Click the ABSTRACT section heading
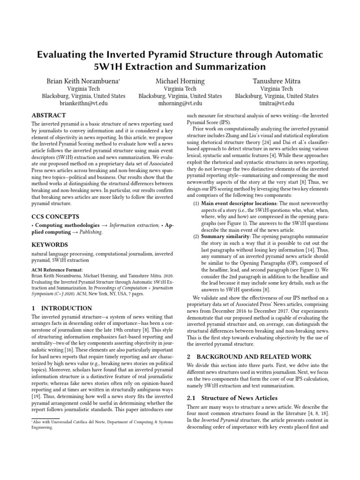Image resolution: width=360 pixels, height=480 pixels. tap(48, 115)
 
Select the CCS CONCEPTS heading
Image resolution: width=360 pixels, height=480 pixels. tap(55, 217)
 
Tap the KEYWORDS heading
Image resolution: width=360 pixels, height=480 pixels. tap(49, 245)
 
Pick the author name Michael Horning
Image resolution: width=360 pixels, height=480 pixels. tap(180, 81)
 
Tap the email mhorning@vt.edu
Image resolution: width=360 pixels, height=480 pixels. tap(180, 104)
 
